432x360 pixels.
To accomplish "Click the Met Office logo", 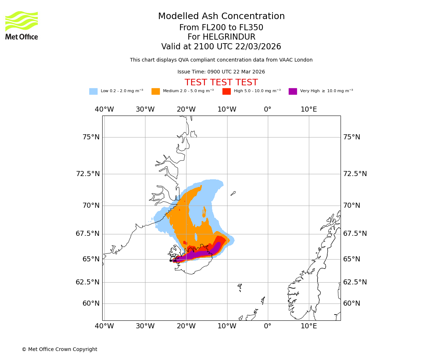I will pos(22,25).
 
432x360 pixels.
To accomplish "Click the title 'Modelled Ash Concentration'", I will pos(221,17).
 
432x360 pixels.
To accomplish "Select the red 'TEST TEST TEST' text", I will pos(221,83).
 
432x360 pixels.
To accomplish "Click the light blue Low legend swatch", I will pos(93,91).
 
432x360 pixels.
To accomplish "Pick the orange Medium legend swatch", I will pos(156,91).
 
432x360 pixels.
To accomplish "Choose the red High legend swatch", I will pos(226,91).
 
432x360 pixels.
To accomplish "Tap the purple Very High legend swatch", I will pos(293,91).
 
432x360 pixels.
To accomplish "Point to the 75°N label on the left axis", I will pos(91,137).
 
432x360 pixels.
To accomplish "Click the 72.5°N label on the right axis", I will pos(355,174).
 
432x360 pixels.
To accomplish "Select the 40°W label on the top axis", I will pos(104,109).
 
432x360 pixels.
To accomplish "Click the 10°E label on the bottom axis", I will pos(309,326).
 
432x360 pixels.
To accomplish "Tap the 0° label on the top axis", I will pos(267,109).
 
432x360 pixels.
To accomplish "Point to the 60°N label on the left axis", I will pos(91,303).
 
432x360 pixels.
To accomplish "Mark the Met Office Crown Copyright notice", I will pos(59,350).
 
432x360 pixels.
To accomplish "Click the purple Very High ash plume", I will pos(202,254).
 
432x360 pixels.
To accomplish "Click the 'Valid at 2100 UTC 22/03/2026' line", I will pos(221,47).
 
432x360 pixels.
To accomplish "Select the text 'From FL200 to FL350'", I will pos(221,28).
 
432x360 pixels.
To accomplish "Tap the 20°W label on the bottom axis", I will pos(186,326).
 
